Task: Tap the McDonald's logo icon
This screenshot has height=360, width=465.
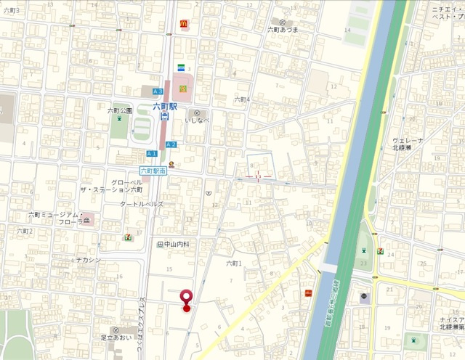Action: (184, 25)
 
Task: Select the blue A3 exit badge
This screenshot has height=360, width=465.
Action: (158, 91)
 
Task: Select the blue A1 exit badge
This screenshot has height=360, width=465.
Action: (152, 154)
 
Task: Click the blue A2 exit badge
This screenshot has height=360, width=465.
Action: (171, 144)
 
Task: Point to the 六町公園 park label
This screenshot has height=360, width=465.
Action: (120, 110)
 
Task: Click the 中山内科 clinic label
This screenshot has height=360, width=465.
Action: (173, 245)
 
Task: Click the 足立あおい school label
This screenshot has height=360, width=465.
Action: (116, 338)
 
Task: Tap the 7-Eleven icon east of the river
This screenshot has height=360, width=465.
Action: (380, 250)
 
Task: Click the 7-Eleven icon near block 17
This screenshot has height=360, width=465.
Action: (128, 237)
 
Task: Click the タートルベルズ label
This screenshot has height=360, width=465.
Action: (142, 204)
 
